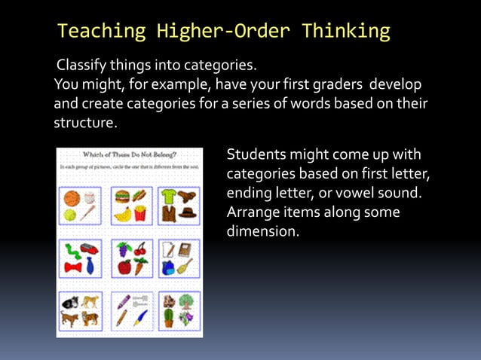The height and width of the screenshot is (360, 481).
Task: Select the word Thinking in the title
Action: (x=346, y=32)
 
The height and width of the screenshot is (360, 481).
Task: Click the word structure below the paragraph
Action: (x=85, y=122)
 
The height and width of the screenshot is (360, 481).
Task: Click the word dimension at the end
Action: (x=263, y=232)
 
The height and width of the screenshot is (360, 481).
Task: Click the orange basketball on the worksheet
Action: (x=72, y=198)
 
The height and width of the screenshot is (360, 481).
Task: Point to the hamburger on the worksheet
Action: (x=122, y=197)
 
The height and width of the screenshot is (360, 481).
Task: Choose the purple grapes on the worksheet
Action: (x=123, y=249)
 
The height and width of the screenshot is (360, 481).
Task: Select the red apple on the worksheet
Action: (x=123, y=267)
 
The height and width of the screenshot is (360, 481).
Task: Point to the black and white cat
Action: (x=71, y=303)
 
